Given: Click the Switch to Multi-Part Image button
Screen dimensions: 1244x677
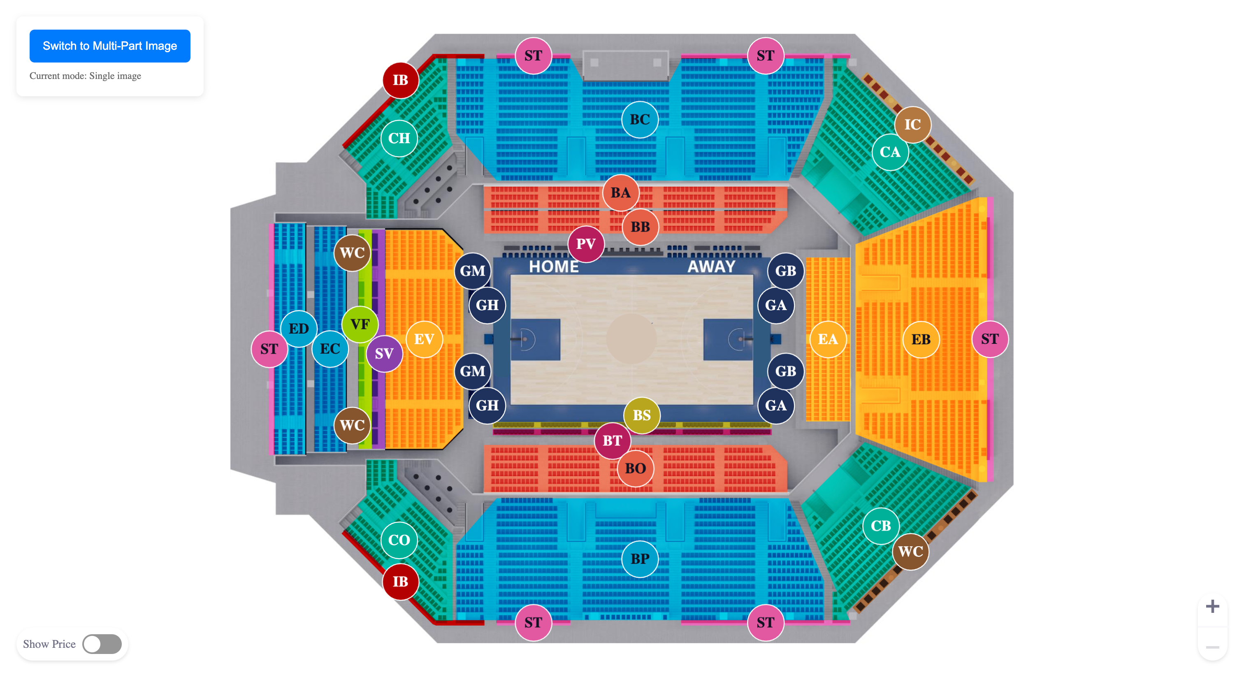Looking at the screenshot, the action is (109, 46).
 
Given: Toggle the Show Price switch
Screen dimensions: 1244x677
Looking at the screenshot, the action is (102, 644).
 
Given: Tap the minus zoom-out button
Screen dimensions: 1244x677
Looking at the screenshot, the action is (1212, 647).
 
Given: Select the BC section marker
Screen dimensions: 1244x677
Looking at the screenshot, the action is (639, 120).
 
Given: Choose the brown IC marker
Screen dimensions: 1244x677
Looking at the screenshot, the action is (912, 125).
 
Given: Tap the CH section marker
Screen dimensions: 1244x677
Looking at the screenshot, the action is (399, 139).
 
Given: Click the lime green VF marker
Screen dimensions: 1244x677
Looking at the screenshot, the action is (360, 325).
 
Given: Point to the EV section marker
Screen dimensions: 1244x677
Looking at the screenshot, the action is (424, 339).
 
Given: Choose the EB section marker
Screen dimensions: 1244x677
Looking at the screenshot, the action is (920, 339).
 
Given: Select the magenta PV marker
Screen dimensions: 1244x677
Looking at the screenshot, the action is (585, 244).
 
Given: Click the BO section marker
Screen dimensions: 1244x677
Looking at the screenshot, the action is (635, 468).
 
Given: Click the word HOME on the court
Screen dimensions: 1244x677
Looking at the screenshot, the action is (553, 267).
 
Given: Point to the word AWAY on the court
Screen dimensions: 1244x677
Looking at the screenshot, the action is (711, 267).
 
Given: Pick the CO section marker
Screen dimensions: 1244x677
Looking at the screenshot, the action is (399, 540).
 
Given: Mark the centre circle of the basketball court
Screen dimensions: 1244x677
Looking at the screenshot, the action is (631, 339).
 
